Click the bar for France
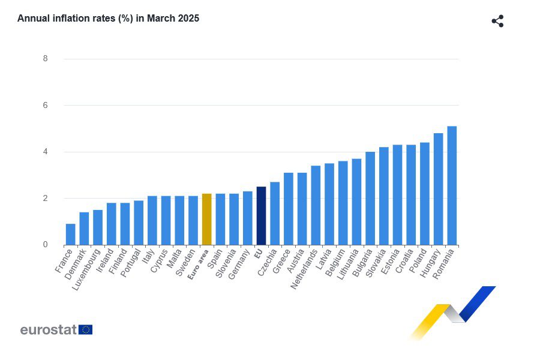71,235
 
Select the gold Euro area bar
206,220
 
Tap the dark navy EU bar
261,216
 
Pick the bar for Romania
452,186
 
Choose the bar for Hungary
438,190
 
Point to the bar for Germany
247,218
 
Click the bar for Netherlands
316,206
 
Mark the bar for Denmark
84,229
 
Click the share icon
497,22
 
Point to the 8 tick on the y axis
46,59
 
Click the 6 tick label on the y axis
46,106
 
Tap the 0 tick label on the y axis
46,245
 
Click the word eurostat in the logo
48,329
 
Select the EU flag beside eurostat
85,329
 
